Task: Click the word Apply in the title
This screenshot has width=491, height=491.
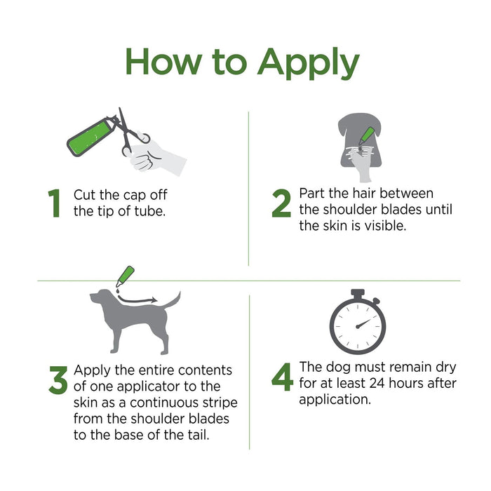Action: [x=309, y=64]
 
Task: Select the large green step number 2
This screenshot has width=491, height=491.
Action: [x=281, y=203]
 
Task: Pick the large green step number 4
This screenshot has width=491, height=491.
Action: [x=282, y=377]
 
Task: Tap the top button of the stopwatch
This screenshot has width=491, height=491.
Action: [x=358, y=293]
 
